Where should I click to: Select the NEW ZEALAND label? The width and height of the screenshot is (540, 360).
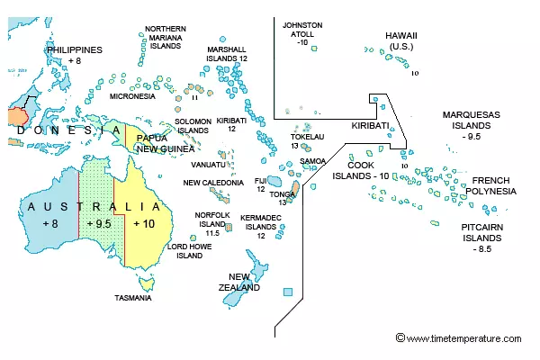coord(244,282)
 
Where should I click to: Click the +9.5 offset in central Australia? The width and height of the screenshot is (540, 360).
coord(98,222)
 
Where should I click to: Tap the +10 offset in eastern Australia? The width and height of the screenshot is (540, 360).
coord(144,222)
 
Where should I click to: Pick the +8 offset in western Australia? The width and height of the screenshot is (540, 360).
coord(49,222)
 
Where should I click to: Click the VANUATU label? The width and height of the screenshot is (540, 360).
coord(208,165)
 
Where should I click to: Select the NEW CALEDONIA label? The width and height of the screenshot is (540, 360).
coord(213,183)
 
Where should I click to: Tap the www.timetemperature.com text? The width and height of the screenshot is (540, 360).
coord(463,338)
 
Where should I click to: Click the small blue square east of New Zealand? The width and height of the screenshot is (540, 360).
coord(287,292)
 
